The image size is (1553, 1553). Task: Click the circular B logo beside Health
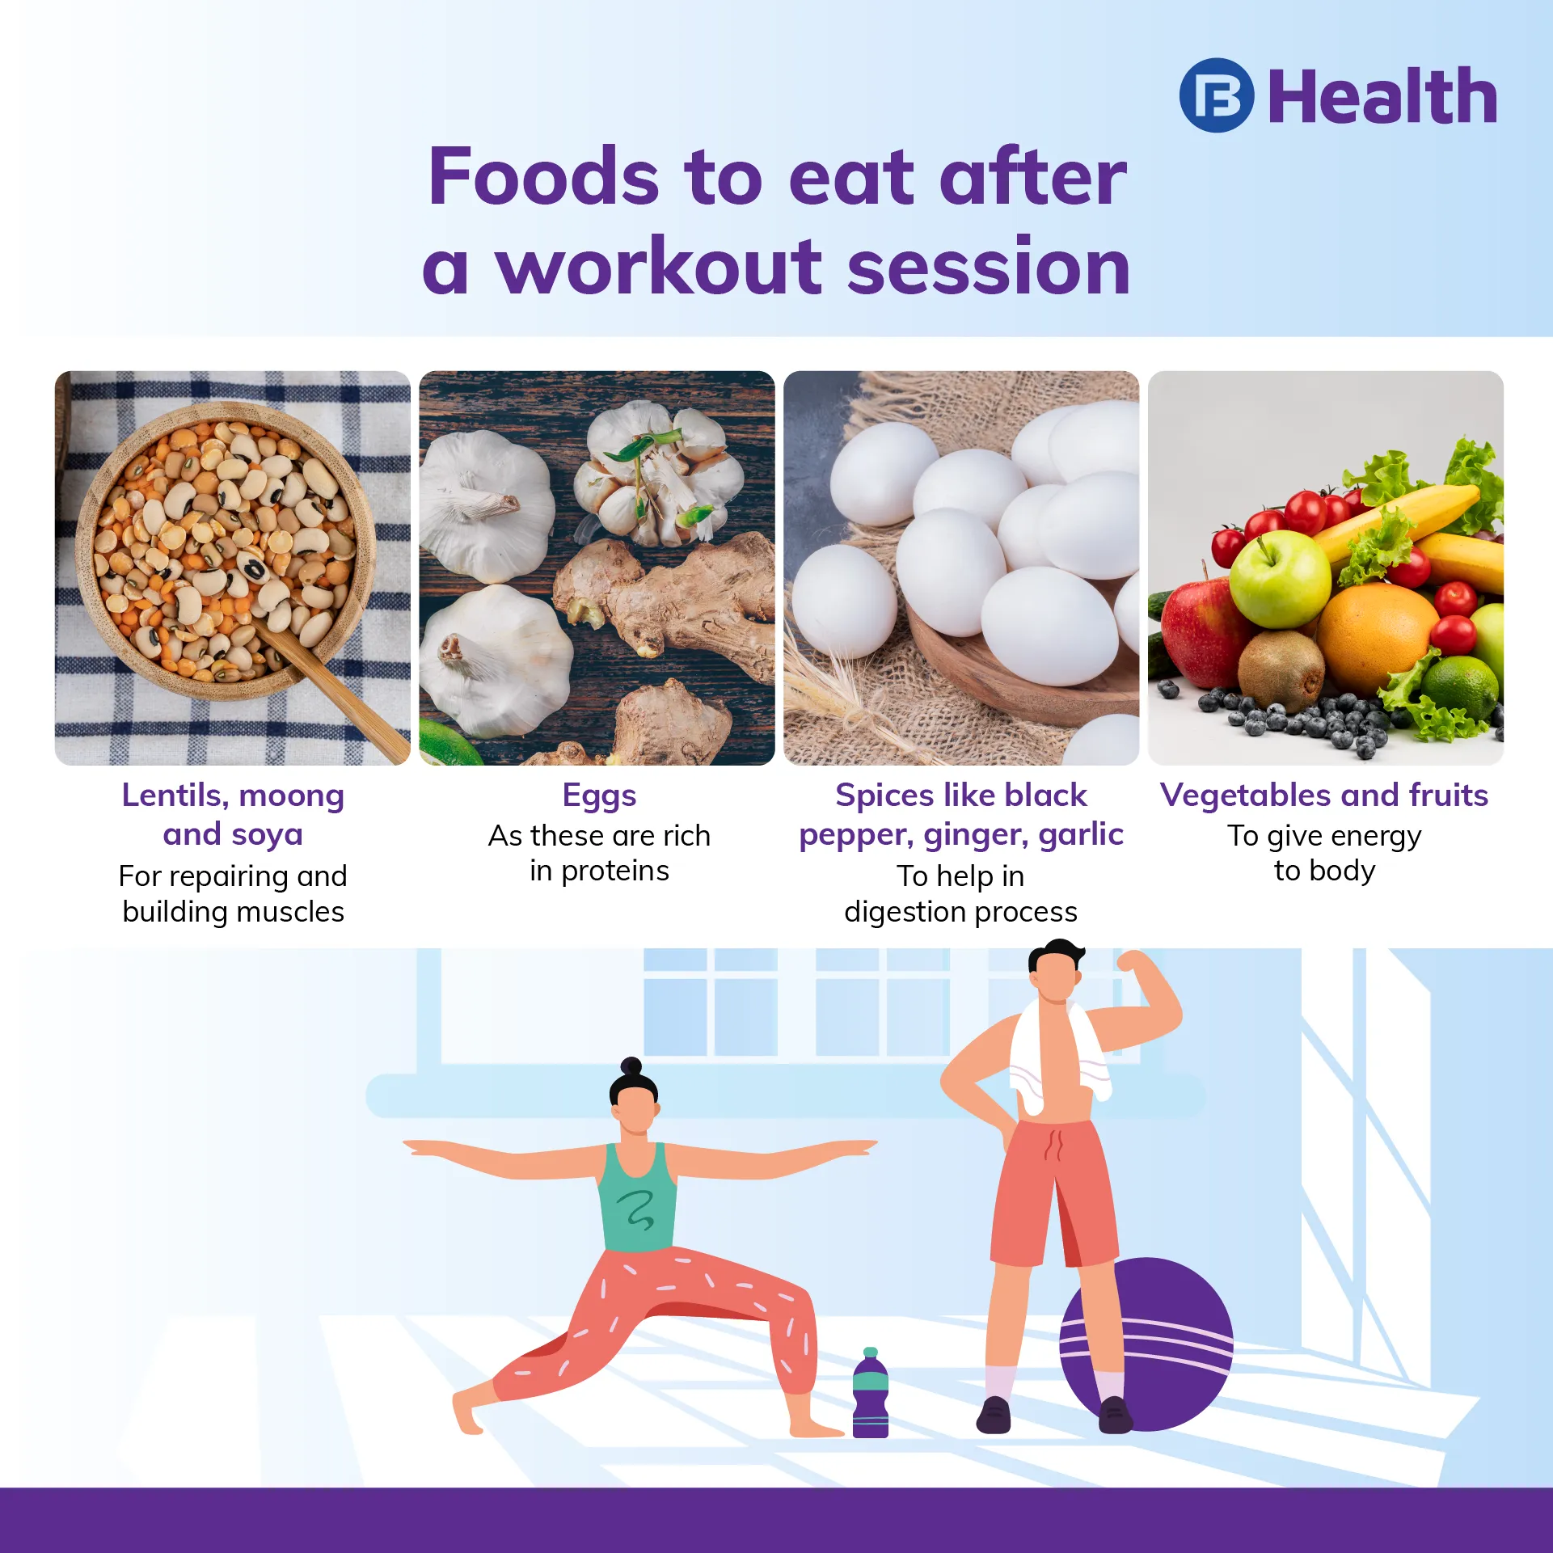pyautogui.click(x=1216, y=95)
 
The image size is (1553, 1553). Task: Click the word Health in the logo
pyautogui.click(x=1382, y=96)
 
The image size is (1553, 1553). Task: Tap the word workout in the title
pyautogui.click(x=659, y=267)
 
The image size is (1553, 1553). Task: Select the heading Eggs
pyautogui.click(x=599, y=796)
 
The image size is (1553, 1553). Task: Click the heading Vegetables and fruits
pyautogui.click(x=1324, y=795)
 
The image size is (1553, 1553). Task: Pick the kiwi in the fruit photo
pyautogui.click(x=1281, y=670)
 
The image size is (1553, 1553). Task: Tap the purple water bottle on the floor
pyautogui.click(x=871, y=1393)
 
